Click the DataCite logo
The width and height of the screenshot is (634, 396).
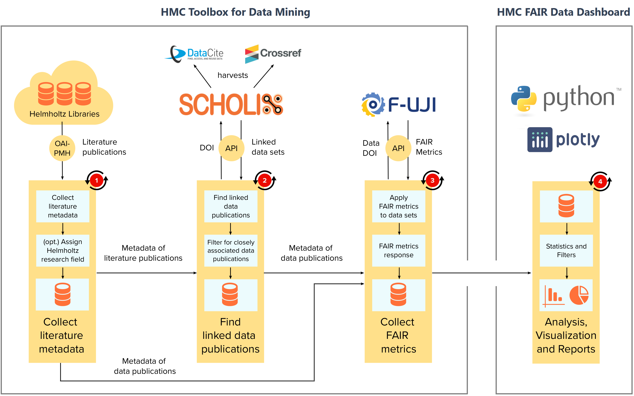pyautogui.click(x=194, y=54)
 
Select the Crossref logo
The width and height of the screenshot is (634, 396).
pyautogui.click(x=273, y=54)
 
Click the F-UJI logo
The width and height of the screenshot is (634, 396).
pyautogui.click(x=398, y=105)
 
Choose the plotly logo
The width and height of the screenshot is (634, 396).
pyautogui.click(x=563, y=140)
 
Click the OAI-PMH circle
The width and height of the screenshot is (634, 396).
pyautogui.click(x=62, y=148)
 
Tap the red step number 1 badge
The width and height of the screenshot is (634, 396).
pyautogui.click(x=97, y=180)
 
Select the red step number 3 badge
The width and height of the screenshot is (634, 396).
pyautogui.click(x=432, y=180)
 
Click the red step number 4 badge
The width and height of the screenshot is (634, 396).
pyautogui.click(x=600, y=181)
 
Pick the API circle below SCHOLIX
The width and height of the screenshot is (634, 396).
pyautogui.click(x=232, y=148)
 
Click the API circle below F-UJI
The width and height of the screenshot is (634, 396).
pyautogui.click(x=398, y=148)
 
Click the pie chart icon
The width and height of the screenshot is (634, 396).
pyautogui.click(x=579, y=295)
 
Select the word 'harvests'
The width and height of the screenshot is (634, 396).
pyautogui.click(x=233, y=75)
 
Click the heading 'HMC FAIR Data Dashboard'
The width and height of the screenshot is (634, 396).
pyautogui.click(x=563, y=12)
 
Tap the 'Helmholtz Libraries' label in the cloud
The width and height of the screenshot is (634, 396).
pyautogui.click(x=64, y=114)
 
